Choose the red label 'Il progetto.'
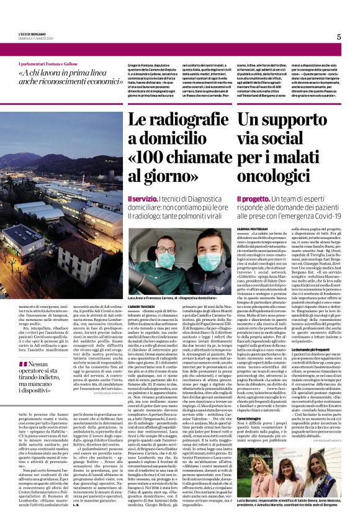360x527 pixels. [251, 198]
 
